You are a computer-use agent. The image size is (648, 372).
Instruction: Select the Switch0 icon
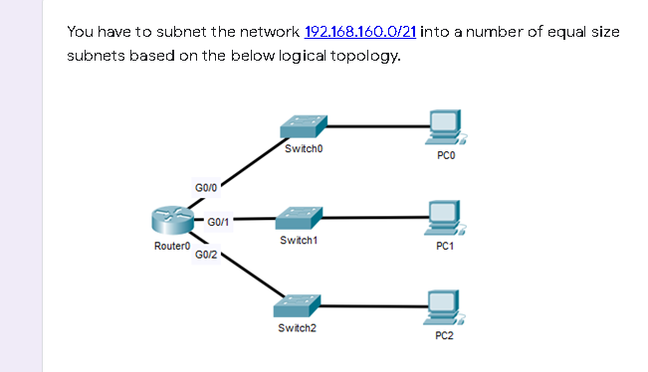pos(304,126)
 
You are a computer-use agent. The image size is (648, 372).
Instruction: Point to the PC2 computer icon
pos(444,305)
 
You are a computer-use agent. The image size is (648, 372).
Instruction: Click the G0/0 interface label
pos(206,186)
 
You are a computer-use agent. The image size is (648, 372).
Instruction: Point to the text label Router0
pos(170,245)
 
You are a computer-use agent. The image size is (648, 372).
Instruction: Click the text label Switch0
pos(304,149)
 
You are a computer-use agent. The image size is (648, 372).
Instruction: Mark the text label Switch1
pos(300,240)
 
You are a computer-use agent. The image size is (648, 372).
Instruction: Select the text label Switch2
pos(299,327)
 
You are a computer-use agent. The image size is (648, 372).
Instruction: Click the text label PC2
pos(444,337)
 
